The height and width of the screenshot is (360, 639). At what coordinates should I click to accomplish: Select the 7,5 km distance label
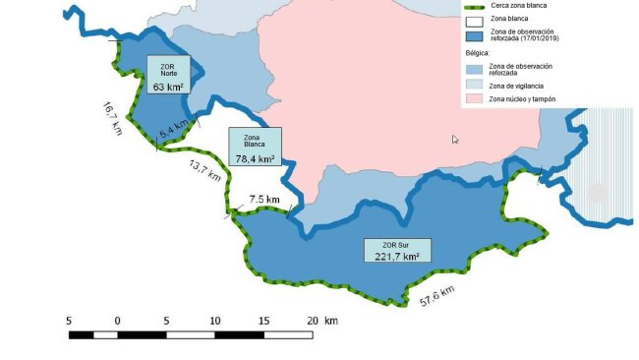coord(264,200)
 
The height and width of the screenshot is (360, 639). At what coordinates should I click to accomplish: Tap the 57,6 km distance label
coord(437,294)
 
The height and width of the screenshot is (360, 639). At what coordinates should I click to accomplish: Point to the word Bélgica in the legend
coord(478,53)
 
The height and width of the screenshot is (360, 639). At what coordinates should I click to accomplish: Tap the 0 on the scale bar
coord(117,321)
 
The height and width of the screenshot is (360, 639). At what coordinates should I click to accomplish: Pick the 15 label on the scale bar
coord(263,321)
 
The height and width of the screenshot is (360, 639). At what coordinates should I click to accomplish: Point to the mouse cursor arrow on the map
coord(455,140)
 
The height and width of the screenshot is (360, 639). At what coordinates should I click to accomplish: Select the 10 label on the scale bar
coord(214,321)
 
